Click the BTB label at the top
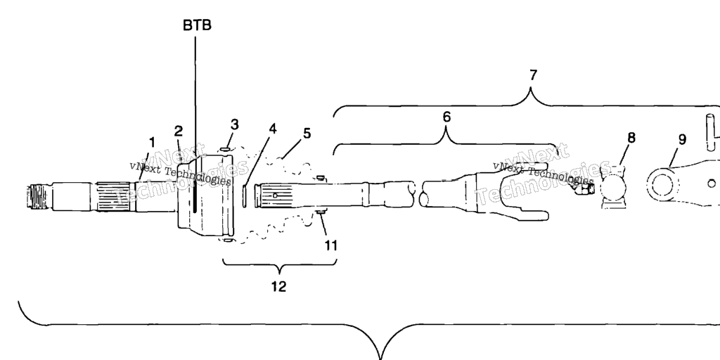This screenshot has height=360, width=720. (197, 25)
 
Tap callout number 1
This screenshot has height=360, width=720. (152, 142)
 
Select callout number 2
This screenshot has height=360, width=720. (179, 131)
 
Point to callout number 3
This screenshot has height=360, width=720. (235, 125)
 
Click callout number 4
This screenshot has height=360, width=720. (273, 129)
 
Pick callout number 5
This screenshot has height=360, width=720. (307, 133)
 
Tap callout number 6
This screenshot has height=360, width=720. (446, 117)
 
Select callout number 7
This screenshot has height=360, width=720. (532, 75)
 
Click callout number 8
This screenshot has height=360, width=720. (632, 137)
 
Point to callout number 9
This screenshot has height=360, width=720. (682, 139)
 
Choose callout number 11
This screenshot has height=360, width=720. (330, 245)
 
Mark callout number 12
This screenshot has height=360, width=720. (278, 287)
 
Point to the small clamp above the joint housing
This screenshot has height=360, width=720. (225, 149)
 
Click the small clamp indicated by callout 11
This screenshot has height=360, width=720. (321, 211)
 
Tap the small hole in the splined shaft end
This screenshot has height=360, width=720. (275, 195)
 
